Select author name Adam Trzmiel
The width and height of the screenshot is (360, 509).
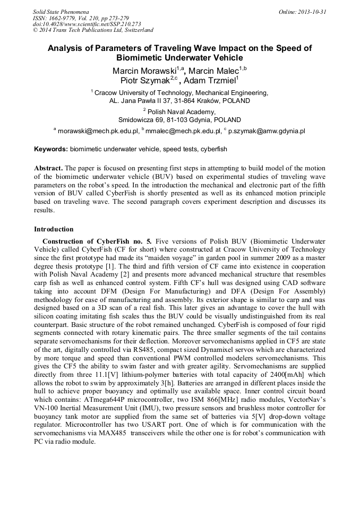click(x=210, y=80)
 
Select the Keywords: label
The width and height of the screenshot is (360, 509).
click(x=51, y=150)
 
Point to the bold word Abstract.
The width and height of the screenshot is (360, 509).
click(x=49, y=168)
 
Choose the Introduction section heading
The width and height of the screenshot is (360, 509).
click(x=54, y=229)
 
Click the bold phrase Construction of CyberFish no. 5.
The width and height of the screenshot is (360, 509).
click(x=97, y=241)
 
